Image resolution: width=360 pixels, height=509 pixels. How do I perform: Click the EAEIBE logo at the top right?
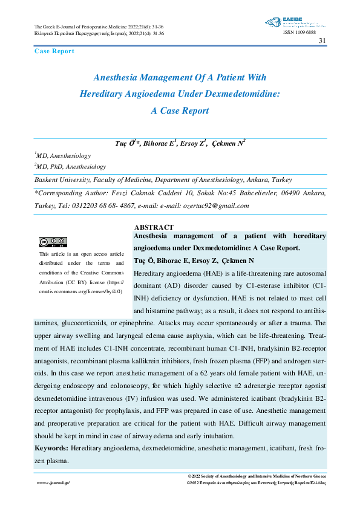(296, 24)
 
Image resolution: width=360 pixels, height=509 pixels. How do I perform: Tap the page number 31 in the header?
(322, 41)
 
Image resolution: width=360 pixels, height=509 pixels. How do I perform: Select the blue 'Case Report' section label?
(54, 51)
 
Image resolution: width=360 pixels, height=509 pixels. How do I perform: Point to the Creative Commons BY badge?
(53, 242)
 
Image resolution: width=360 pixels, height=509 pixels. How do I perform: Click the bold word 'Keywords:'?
(51, 449)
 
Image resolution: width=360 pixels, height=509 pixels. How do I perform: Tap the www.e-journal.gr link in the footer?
(54, 484)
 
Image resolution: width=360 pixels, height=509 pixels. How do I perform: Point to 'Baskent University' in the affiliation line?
(62, 180)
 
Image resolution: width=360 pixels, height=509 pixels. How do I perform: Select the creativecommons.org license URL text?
(81, 291)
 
